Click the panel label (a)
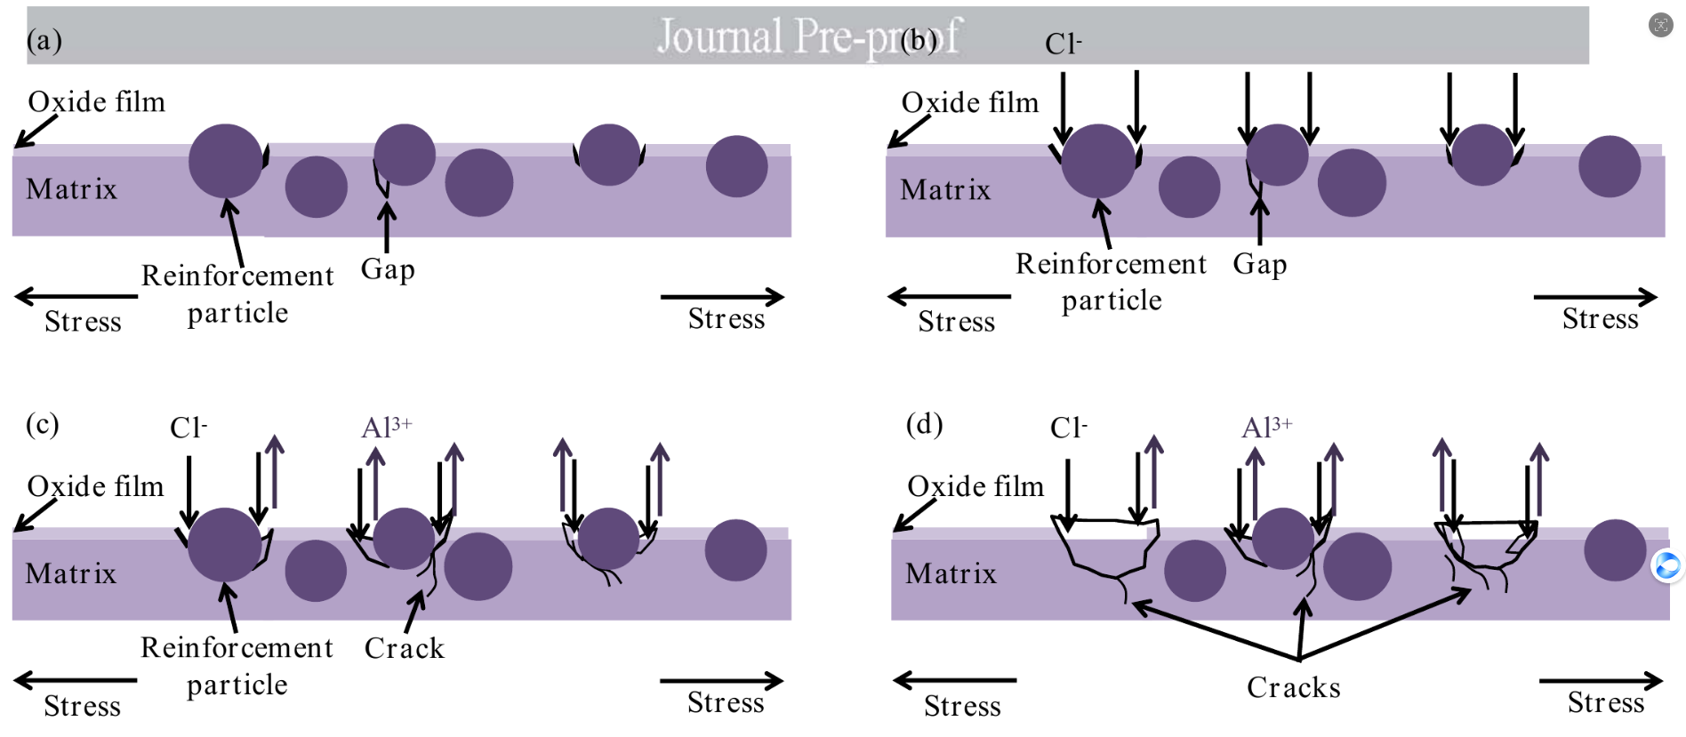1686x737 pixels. click(44, 40)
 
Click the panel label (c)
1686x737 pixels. click(43, 424)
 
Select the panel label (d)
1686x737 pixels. click(924, 424)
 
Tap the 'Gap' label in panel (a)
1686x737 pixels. click(388, 269)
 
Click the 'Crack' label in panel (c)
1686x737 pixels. click(405, 648)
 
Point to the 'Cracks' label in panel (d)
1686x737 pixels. click(1294, 687)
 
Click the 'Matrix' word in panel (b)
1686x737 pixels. click(945, 189)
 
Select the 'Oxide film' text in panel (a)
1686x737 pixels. click(97, 101)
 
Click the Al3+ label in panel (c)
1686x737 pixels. click(387, 427)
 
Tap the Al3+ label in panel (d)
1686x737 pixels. click(1267, 427)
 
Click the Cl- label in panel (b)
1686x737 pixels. click(1064, 44)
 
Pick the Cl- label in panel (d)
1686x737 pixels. click(1069, 428)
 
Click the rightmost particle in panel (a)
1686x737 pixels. click(737, 166)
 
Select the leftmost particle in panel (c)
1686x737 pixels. click(225, 545)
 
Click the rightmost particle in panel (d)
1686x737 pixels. click(1616, 550)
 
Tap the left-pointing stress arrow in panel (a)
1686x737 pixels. click(76, 296)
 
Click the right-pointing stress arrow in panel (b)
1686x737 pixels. click(1595, 297)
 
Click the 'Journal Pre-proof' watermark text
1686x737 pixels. click(808, 36)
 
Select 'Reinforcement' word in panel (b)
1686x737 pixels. click(1112, 264)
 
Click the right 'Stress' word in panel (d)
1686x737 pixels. click(1606, 702)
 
